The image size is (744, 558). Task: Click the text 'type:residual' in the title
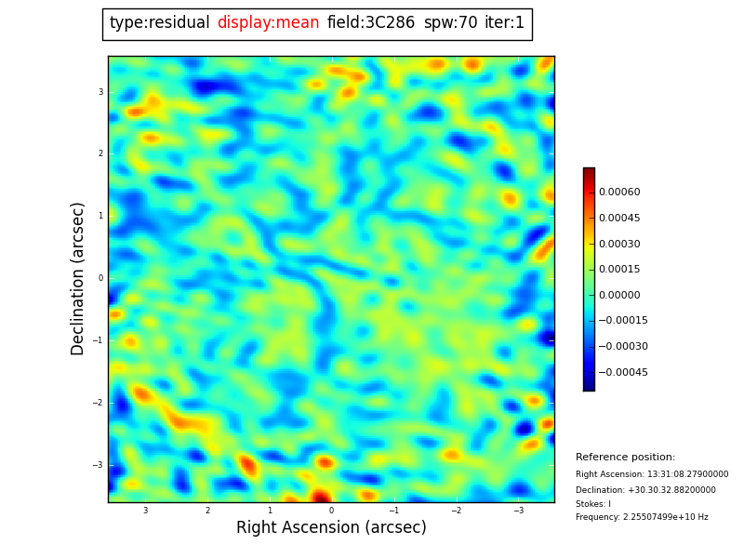(x=159, y=23)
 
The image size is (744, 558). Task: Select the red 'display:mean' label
(x=268, y=23)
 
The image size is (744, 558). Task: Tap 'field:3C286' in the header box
(x=371, y=23)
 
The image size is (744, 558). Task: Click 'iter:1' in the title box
(x=504, y=23)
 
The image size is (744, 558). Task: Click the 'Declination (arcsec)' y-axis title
(x=78, y=278)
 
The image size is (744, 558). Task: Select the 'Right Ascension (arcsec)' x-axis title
(x=331, y=528)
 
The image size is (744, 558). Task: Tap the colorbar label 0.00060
(x=619, y=193)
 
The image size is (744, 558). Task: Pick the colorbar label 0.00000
(x=619, y=295)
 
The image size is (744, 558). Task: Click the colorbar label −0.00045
(x=623, y=372)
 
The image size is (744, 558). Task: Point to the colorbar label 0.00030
(x=619, y=244)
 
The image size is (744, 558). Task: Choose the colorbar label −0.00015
(x=623, y=321)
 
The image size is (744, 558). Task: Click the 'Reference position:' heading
(x=625, y=458)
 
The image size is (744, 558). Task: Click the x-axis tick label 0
(x=331, y=511)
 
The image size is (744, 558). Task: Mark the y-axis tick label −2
(x=98, y=403)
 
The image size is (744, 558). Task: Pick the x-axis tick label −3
(x=519, y=511)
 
